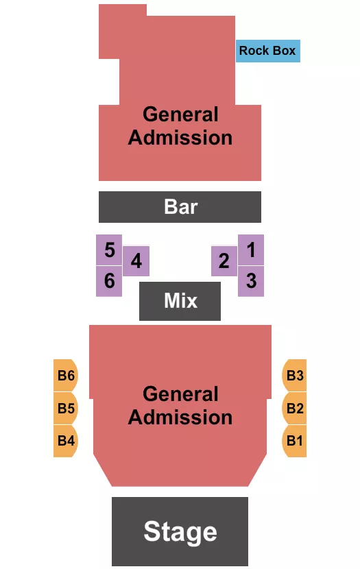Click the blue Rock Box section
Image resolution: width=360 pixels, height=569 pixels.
tap(267, 51)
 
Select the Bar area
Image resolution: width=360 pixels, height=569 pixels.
tap(180, 206)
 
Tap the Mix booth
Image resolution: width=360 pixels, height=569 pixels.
tap(180, 300)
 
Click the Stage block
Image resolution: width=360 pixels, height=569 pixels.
tap(180, 531)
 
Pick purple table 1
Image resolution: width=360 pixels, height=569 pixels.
tap(251, 250)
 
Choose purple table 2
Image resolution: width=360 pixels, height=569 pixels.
tap(224, 261)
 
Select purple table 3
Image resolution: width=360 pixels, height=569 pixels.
tap(251, 280)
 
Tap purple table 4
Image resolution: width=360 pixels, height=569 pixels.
tap(136, 261)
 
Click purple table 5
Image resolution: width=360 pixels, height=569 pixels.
tap(109, 250)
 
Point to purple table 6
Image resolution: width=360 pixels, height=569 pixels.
tap(109, 281)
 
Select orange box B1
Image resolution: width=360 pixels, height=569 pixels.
tap(294, 441)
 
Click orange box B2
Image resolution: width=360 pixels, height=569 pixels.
tap(294, 409)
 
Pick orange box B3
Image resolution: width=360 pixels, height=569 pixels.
tap(294, 375)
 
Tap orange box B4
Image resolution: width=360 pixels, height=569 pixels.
tap(66, 441)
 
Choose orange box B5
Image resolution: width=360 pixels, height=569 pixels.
tap(66, 409)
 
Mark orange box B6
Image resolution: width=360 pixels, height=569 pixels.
tap(66, 375)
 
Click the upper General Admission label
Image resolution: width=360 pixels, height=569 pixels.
tap(180, 126)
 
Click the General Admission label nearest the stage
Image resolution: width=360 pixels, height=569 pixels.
tap(180, 406)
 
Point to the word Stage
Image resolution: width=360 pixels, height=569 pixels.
tap(180, 532)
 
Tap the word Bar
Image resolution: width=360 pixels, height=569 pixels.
tap(180, 206)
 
